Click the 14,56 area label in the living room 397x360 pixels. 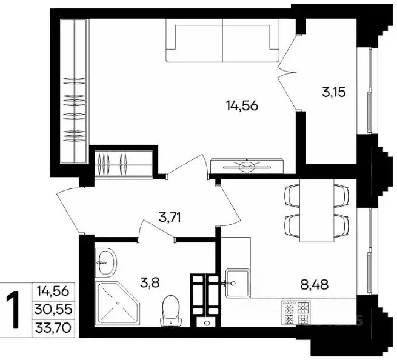(242, 105)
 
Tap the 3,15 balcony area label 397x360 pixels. (334, 92)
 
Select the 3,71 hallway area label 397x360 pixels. (170, 217)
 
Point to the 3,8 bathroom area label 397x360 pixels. (150, 282)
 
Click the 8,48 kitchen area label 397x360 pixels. (315, 285)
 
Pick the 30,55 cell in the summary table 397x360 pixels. (53, 309)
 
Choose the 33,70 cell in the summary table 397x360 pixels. (53, 328)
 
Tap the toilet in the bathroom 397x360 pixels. (171, 311)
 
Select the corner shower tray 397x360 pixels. (118, 303)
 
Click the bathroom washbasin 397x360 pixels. (105, 262)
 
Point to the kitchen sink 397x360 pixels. (238, 283)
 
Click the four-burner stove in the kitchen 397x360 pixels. (296, 312)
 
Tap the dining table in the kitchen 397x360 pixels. (316, 210)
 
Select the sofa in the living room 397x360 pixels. (222, 40)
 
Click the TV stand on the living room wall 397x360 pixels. (247, 166)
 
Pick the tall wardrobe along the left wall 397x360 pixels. (75, 91)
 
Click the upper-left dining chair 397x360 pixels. (292, 196)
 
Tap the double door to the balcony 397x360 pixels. (288, 73)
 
